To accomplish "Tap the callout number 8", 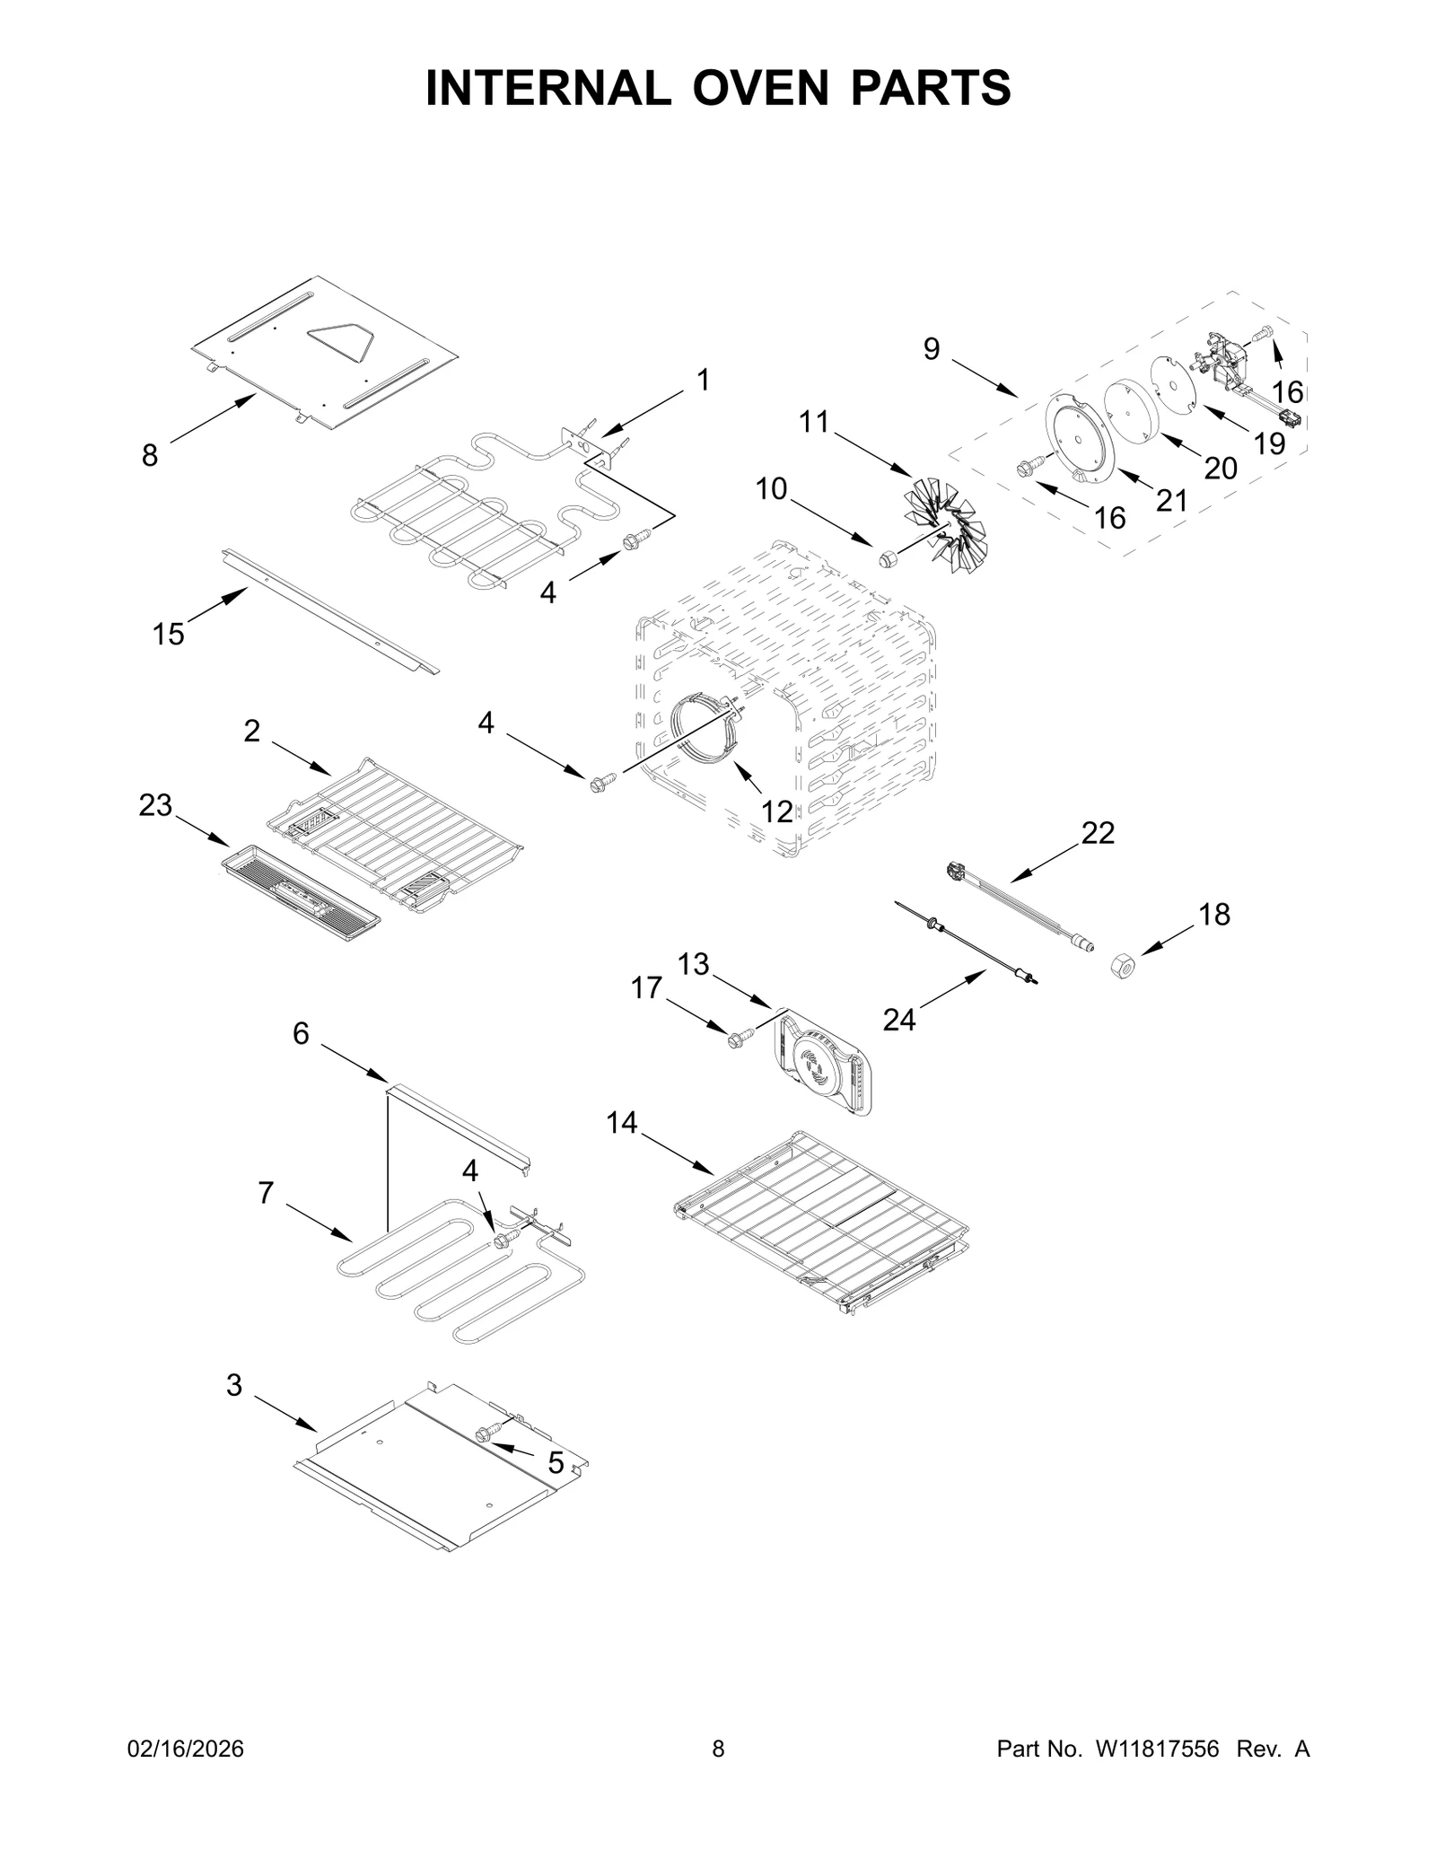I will (150, 456).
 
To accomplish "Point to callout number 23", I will (155, 805).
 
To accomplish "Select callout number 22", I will (1097, 833).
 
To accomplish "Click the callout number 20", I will (1220, 468).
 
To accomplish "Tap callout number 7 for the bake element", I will (266, 1193).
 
